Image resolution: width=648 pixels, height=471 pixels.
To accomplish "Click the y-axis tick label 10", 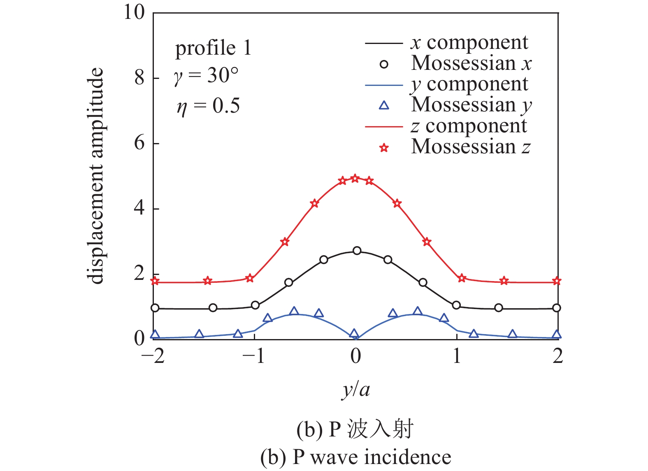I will [x=134, y=12].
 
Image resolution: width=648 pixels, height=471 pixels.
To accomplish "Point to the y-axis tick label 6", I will [x=139, y=143].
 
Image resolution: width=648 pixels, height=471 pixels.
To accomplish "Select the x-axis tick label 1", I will [x=457, y=356].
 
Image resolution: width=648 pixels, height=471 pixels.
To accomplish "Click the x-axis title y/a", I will [x=355, y=388].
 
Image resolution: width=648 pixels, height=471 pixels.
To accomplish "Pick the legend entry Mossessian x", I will [x=471, y=63].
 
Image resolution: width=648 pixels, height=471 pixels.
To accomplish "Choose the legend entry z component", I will [x=469, y=126].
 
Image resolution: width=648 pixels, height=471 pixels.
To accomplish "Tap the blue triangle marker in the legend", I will [x=384, y=106].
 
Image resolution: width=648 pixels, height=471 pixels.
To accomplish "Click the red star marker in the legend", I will [x=384, y=148].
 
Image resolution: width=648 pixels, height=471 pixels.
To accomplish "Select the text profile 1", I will [x=213, y=48].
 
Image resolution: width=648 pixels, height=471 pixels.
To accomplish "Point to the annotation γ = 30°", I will [x=206, y=76].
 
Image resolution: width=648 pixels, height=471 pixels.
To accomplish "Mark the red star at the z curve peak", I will [x=355, y=178].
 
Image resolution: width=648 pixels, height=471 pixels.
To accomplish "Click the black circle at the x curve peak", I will [x=357, y=251].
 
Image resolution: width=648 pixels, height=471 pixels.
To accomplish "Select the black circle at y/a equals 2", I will [x=557, y=308].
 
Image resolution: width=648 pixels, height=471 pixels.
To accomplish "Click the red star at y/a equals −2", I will [x=155, y=282].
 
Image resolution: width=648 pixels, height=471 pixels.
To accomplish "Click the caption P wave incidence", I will [x=355, y=457].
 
